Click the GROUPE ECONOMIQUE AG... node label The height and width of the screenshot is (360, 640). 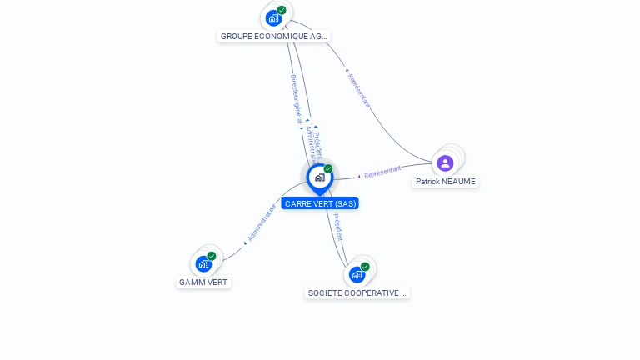pos(273,37)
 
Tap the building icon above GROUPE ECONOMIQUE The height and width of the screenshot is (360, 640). pos(273,17)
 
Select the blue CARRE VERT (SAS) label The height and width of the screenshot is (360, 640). pos(320,203)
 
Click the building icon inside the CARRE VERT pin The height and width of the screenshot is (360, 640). pos(319,177)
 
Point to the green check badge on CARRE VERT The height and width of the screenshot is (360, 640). pos(328,168)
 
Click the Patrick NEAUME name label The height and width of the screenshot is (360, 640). pos(446,182)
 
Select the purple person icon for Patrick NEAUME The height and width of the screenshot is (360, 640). pos(445,162)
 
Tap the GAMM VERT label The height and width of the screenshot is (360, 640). pos(203,282)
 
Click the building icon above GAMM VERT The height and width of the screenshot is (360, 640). pos(202,264)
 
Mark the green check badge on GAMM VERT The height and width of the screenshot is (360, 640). pos(212,256)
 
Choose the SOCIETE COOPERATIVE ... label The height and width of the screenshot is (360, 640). pos(357,293)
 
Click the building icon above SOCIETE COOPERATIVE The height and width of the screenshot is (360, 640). pos(357,274)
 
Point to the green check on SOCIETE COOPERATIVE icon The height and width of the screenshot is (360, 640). pos(365,267)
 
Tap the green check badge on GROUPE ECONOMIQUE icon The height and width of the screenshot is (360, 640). pos(282,10)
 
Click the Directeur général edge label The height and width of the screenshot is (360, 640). pos(296,99)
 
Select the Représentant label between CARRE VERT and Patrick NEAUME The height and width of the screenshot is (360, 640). pos(382,172)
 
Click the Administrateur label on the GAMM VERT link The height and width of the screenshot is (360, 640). pos(262,222)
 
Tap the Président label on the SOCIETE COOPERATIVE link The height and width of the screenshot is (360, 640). pos(337,227)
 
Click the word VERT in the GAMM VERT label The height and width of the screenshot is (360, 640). pos(216,282)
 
